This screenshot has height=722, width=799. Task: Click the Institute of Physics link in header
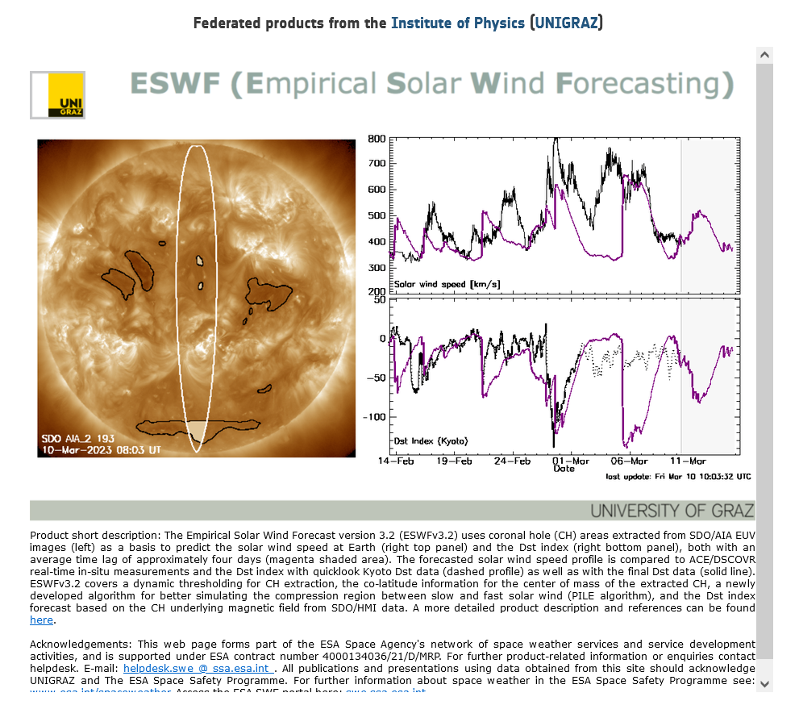(457, 23)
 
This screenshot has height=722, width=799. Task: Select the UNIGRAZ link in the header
(567, 23)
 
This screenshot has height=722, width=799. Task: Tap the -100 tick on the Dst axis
(372, 417)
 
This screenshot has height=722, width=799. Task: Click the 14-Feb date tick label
(396, 461)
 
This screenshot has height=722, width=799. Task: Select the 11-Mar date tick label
(689, 461)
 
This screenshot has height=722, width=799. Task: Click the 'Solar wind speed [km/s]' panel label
(447, 284)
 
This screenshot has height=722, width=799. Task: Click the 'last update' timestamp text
(678, 477)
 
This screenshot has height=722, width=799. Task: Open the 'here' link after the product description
(41, 620)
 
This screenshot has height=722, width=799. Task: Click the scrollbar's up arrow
(764, 54)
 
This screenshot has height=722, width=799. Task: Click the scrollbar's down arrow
(764, 684)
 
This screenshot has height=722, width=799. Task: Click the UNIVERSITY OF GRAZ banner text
(672, 511)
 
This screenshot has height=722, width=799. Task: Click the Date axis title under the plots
(564, 469)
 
